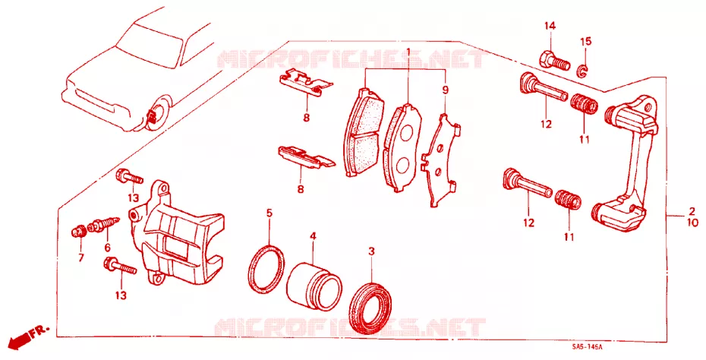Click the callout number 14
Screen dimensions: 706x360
click(x=550, y=26)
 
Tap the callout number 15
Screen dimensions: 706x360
click(x=585, y=42)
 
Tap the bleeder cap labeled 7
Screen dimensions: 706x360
click(x=79, y=232)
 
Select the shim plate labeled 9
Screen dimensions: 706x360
click(x=441, y=160)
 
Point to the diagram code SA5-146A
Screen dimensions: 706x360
click(x=587, y=347)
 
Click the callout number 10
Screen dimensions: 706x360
click(x=692, y=223)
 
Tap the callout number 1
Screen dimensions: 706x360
click(x=408, y=52)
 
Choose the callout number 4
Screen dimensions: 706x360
click(x=313, y=235)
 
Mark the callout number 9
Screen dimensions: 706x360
click(x=445, y=90)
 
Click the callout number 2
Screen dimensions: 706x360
click(x=692, y=211)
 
